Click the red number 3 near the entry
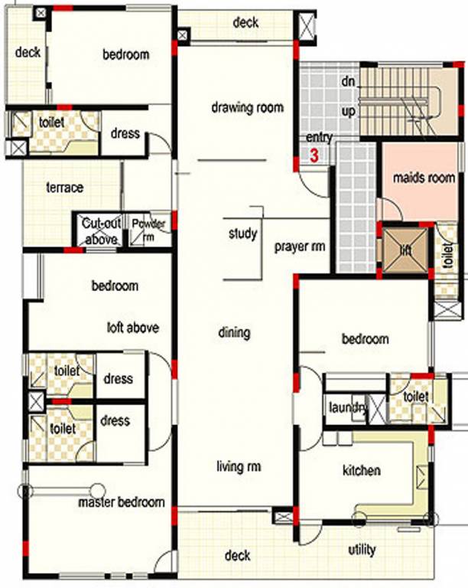314,156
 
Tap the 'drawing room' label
247,107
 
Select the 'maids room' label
424,178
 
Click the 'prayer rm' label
301,247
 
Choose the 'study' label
242,234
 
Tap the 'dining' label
234,332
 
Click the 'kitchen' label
362,470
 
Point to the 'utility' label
362,550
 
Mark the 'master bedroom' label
122,502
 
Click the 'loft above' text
133,328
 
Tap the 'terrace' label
65,187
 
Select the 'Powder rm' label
148,230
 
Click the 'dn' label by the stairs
349,80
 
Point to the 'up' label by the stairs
349,112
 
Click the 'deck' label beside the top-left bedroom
28,52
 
